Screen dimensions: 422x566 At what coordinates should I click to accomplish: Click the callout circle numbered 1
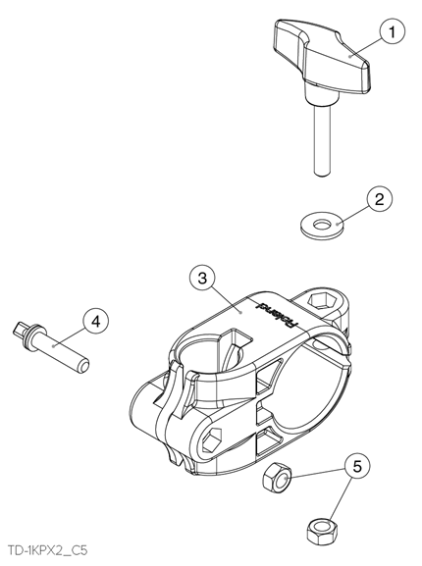click(392, 32)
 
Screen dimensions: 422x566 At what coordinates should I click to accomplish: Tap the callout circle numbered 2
click(380, 199)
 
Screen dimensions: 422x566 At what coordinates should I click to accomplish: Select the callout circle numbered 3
click(202, 279)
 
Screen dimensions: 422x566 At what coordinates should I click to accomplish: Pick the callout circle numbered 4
click(96, 321)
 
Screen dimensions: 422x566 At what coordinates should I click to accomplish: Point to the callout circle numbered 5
click(356, 467)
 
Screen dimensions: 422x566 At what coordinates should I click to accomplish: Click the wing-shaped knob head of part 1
click(321, 57)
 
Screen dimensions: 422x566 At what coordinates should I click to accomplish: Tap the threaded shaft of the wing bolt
click(321, 141)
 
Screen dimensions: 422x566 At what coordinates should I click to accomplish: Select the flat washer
click(322, 226)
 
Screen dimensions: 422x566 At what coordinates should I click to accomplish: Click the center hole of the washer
click(321, 225)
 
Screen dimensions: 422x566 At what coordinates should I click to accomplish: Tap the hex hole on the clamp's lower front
click(212, 439)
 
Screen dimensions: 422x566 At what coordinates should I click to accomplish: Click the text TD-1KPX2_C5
click(47, 551)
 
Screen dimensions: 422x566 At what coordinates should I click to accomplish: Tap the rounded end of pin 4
click(82, 367)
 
